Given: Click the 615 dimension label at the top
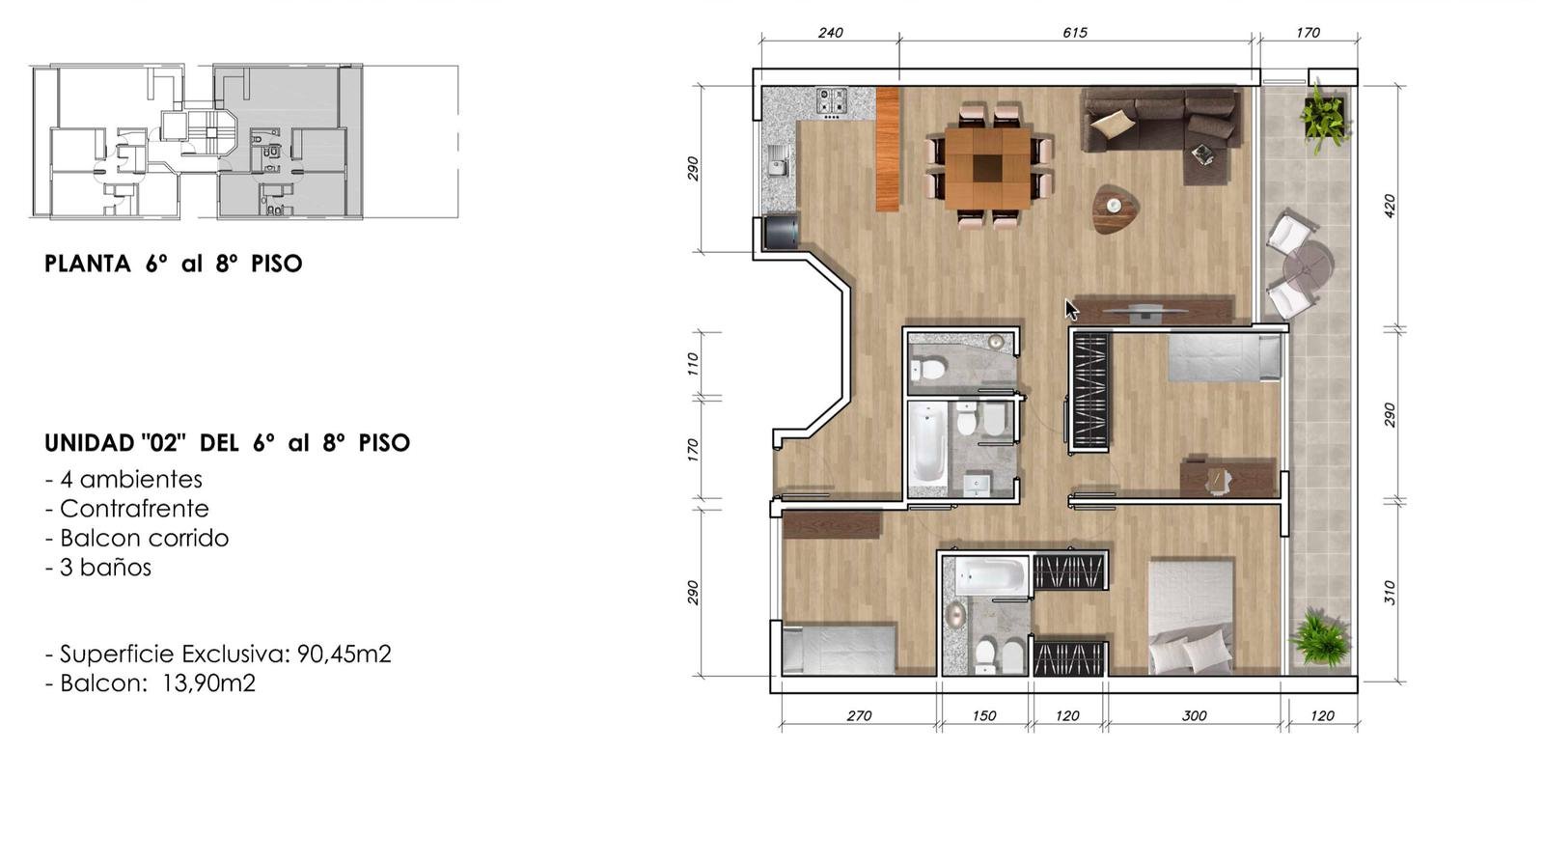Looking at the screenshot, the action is pos(1075,33).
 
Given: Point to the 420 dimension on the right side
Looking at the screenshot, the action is pos(1390,206).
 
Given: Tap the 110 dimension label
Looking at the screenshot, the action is pos(693,364).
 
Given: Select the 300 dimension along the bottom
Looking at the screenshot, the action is pos(1194,715).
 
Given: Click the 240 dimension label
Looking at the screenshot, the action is pos(830,33).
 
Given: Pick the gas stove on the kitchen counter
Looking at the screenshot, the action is pos(832,100).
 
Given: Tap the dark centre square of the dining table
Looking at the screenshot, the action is pos(988,168).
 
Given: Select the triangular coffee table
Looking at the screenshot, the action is pos(1115,209).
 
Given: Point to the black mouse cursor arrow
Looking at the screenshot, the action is pos(1070,310).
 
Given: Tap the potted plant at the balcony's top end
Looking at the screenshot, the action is pos(1323,117).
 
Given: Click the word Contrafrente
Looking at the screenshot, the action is pos(134,509).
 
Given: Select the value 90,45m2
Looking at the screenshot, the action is pos(344,654).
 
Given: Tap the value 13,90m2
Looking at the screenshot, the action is pos(208,683).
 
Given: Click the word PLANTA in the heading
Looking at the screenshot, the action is pos(88,264).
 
